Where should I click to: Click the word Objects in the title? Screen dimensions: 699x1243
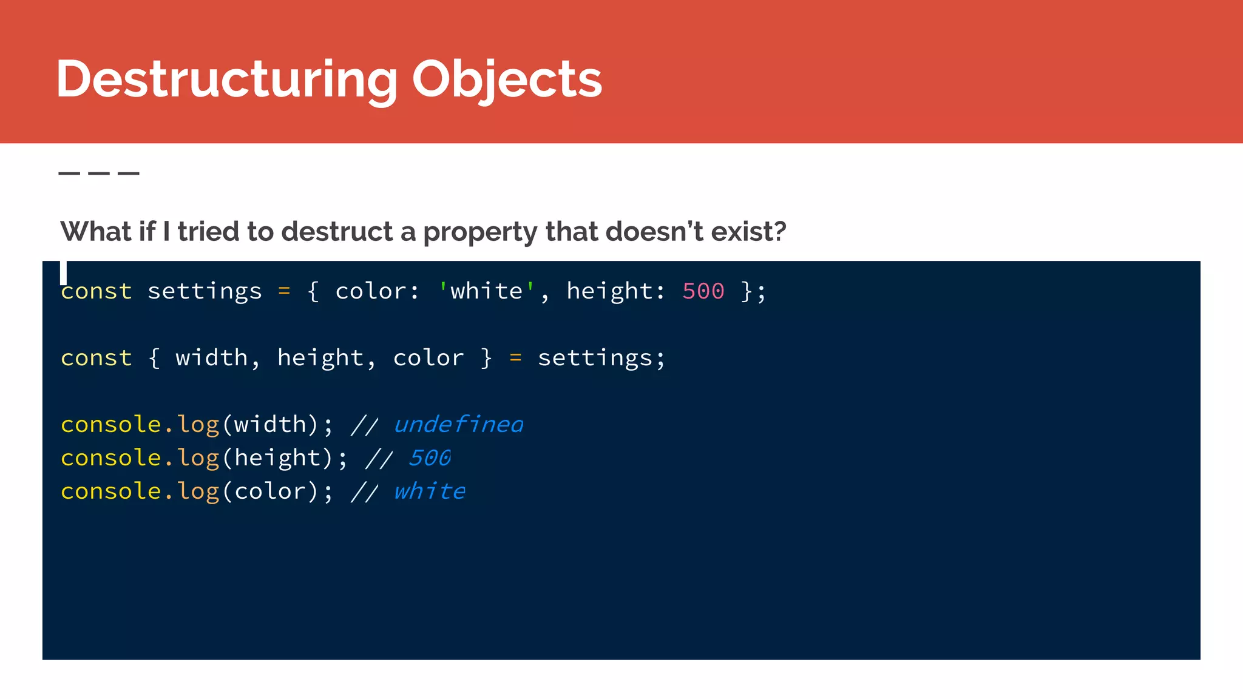pos(507,79)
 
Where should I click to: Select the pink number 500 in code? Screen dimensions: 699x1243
pos(703,291)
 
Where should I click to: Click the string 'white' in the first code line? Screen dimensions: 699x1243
pos(486,291)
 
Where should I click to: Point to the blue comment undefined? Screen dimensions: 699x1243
pos(458,424)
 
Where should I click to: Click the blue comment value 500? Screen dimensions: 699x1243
pos(430,458)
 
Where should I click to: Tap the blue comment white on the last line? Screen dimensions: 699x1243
pos(430,491)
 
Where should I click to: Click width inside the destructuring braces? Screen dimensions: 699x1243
pos(211,358)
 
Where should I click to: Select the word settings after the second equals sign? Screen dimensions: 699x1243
pos(595,358)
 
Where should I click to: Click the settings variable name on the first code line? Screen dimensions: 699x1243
pos(205,291)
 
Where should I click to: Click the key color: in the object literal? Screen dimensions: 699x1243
pos(376,291)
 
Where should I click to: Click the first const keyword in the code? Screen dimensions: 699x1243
pos(96,291)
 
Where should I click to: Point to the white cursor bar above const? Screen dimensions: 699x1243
pos(63,272)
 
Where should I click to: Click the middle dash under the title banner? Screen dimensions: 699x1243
pos(99,174)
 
